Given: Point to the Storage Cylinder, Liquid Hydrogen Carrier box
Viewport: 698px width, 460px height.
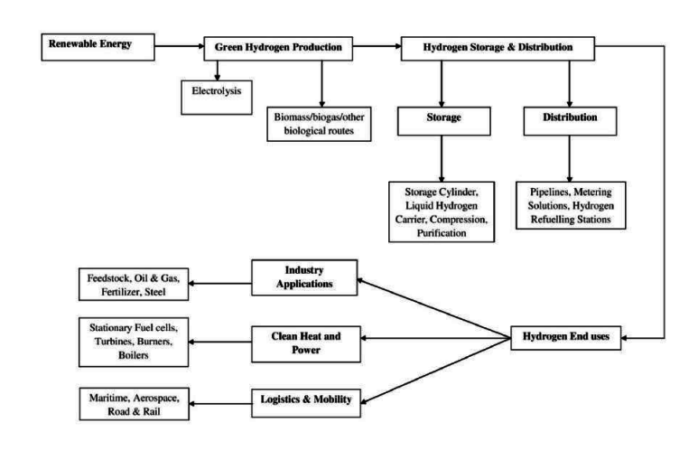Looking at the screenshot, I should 442,212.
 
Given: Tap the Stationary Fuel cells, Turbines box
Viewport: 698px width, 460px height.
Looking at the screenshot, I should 134,342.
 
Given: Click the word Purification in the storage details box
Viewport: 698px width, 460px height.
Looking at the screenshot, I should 442,232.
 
